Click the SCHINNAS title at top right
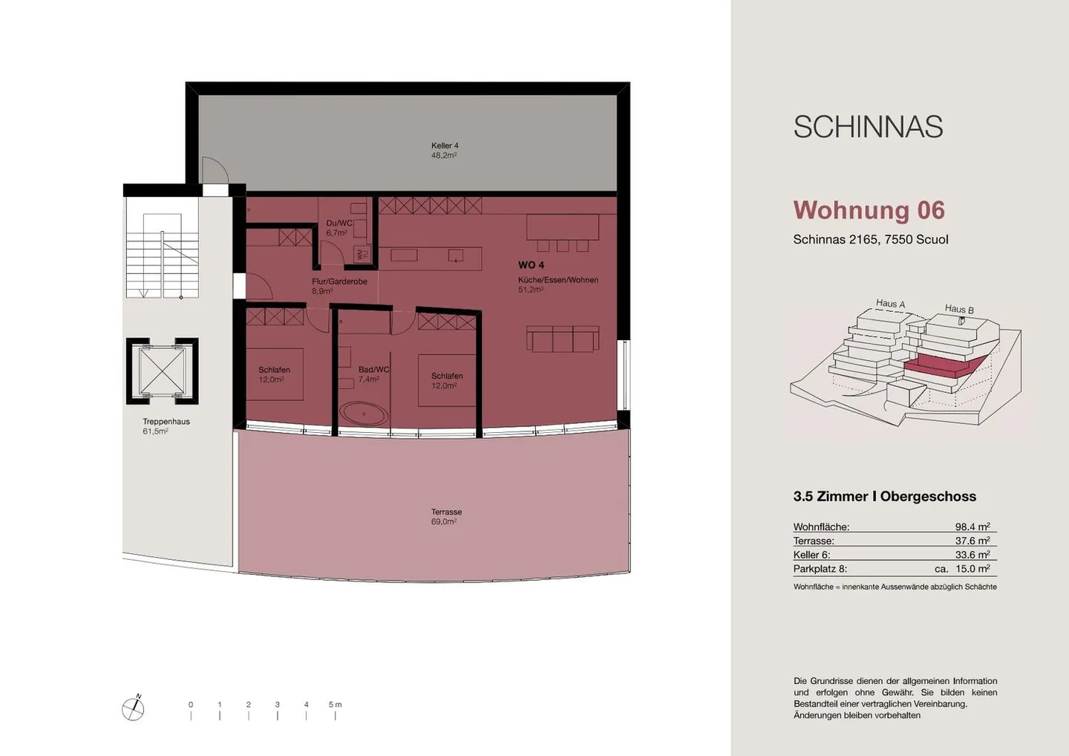(868, 128)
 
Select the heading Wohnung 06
(869, 210)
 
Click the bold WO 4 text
(531, 265)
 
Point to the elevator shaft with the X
(162, 371)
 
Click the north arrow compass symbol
(133, 709)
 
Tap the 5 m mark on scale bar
(335, 705)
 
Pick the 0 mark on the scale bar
(191, 705)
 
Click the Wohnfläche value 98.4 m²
(972, 527)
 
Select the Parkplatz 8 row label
(820, 569)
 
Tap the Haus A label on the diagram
(890, 303)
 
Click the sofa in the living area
(562, 339)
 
